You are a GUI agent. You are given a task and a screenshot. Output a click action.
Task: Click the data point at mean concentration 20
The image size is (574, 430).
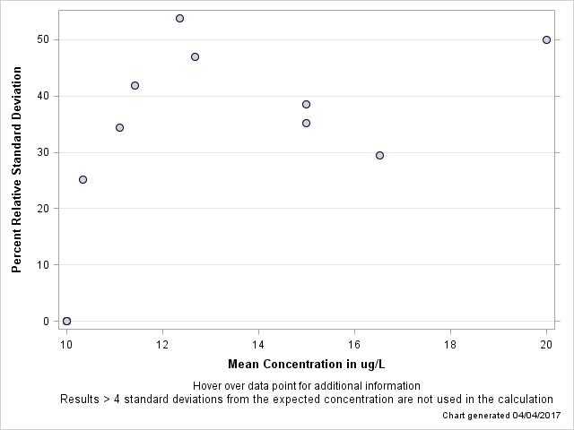click(546, 39)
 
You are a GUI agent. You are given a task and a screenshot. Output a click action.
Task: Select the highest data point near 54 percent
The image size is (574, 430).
click(179, 18)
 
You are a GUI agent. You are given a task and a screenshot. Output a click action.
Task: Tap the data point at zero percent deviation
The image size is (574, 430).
click(66, 321)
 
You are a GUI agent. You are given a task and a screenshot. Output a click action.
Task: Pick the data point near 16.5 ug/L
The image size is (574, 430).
click(379, 155)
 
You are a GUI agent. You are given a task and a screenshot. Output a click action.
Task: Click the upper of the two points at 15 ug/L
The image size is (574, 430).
click(306, 104)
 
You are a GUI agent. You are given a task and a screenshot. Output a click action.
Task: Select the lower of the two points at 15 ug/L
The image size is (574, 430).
click(306, 123)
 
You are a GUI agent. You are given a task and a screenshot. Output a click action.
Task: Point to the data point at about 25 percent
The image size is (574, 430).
click(83, 179)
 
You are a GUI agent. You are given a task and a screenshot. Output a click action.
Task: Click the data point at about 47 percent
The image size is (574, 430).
click(195, 56)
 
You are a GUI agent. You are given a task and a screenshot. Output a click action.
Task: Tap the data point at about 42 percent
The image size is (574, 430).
click(135, 85)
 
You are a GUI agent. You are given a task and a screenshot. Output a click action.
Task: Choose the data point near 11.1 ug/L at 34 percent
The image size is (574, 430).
click(119, 127)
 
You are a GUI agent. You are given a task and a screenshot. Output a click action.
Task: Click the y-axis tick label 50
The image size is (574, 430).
click(41, 39)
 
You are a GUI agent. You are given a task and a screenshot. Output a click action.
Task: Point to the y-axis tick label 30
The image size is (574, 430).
click(41, 152)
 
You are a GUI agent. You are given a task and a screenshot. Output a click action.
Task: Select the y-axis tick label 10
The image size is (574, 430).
click(41, 265)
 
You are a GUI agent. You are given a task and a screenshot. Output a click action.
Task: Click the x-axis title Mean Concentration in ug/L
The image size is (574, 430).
click(306, 364)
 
